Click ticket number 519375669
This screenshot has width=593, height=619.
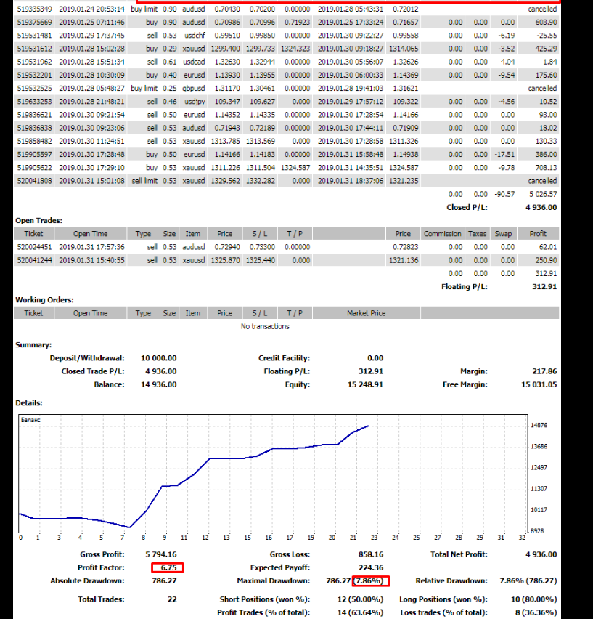[35, 22]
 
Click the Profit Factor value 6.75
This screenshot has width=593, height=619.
[168, 567]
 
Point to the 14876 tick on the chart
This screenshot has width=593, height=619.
[538, 425]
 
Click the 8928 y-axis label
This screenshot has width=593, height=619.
[538, 531]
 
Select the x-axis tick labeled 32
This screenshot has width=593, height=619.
[522, 538]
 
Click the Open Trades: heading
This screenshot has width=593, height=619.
[39, 220]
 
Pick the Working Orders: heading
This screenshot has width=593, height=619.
[44, 299]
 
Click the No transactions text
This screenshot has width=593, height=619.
[265, 326]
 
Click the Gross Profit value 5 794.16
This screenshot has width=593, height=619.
[161, 554]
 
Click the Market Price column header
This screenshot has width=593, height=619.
[367, 313]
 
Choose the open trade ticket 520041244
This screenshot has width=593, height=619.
[35, 260]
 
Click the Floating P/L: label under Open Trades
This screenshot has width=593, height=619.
[465, 286]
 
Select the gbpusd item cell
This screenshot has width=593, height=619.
[192, 88]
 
